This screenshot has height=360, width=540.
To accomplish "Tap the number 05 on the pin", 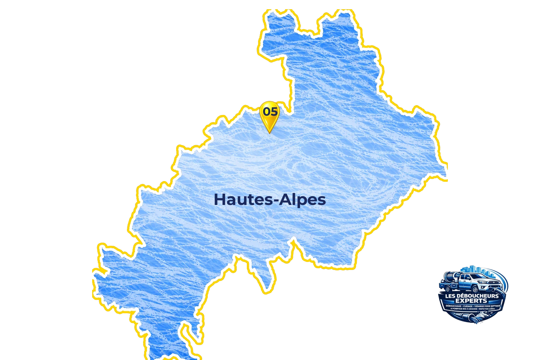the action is (x=270, y=112).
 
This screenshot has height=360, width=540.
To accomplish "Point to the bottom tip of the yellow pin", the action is (x=269, y=133).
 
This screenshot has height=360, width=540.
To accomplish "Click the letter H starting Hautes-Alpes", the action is (x=219, y=199).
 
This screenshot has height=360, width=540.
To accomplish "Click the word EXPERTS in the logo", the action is (x=471, y=301).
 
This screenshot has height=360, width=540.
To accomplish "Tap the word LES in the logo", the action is (x=450, y=296).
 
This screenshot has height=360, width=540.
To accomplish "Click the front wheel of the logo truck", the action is (x=475, y=289).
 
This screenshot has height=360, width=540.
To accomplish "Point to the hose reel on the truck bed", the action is (x=449, y=277).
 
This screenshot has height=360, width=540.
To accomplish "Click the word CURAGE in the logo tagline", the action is (x=468, y=306).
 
